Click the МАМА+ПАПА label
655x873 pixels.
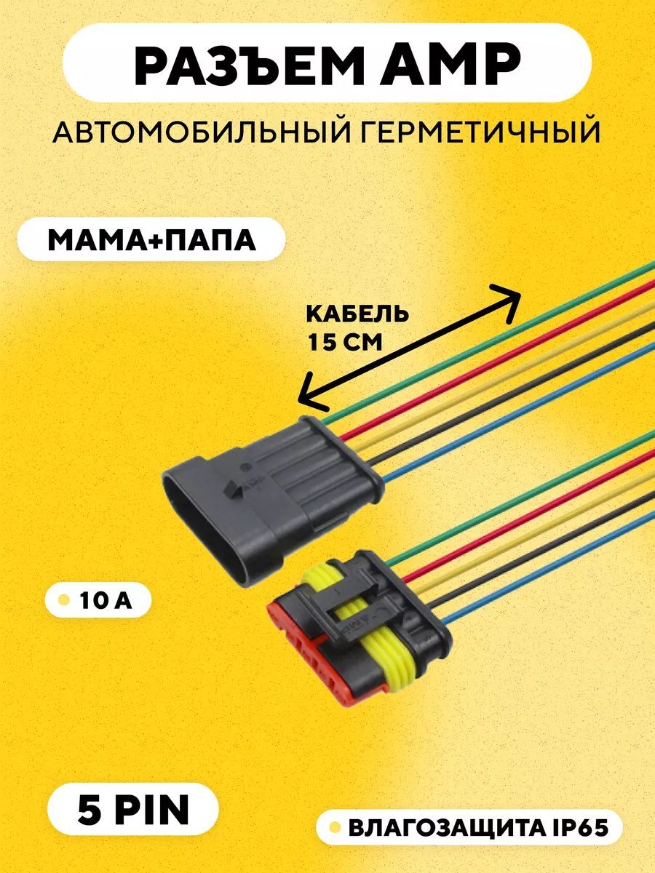pos(151,239)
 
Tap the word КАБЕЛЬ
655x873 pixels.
pos(357,314)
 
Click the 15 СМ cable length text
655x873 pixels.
pos(345,341)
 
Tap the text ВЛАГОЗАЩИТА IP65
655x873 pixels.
pos(476,828)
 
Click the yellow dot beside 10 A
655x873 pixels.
pos(64,601)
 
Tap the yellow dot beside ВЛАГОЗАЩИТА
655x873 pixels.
pos(336,828)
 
